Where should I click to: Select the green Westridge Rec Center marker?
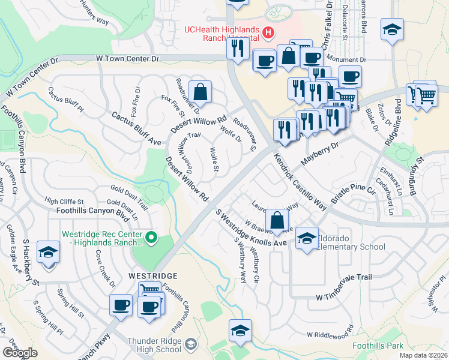[151, 238]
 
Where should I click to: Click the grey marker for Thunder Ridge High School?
[191, 344]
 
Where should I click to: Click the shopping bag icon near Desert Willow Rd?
[201, 91]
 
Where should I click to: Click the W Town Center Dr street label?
[127, 59]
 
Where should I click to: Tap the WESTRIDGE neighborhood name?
[153, 275]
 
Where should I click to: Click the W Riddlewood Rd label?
[330, 335]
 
